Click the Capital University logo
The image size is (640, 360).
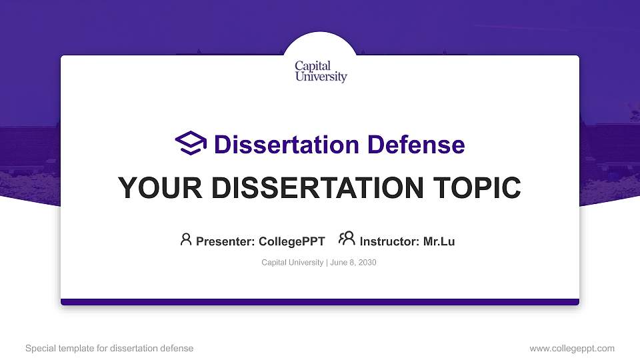(321, 71)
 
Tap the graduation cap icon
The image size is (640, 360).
(191, 143)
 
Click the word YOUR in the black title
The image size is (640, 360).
(150, 189)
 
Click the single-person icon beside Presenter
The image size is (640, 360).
(186, 239)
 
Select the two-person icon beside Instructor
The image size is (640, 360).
(347, 239)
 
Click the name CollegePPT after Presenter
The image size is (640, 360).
(292, 242)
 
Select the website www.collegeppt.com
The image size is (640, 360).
(571, 348)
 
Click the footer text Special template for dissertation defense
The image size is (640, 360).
(109, 348)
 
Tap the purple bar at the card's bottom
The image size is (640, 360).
(320, 302)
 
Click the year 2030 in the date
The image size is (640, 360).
(367, 263)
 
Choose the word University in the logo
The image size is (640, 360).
(321, 77)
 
